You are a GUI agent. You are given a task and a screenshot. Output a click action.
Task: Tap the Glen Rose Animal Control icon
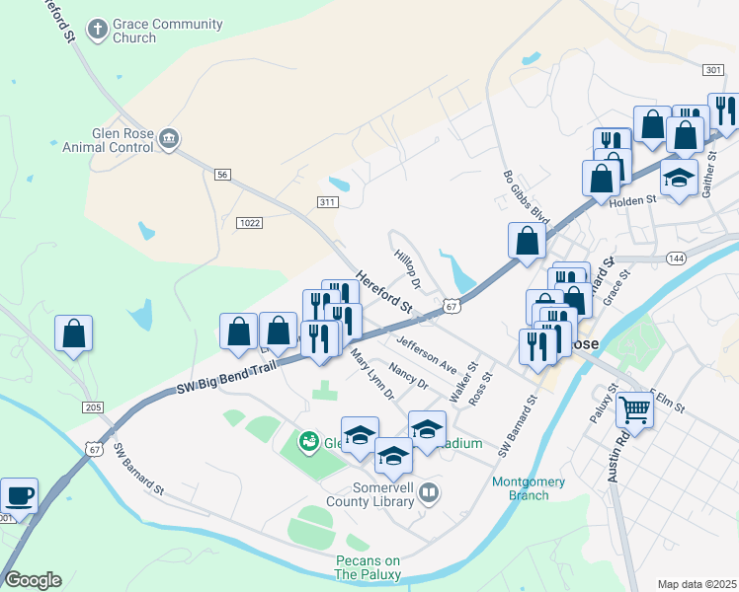(x=169, y=138)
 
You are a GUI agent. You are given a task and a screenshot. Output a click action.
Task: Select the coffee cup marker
(x=18, y=495)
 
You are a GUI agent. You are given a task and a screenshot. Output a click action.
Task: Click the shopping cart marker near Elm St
(x=634, y=407)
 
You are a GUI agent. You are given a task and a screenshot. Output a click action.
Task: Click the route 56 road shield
(x=222, y=175)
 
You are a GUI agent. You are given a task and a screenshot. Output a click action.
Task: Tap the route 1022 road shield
(x=249, y=223)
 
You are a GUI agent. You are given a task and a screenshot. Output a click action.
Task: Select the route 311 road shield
(x=328, y=202)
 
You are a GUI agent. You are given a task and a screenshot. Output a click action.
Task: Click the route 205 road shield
(x=93, y=407)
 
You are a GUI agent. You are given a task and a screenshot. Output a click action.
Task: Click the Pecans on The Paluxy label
(x=367, y=567)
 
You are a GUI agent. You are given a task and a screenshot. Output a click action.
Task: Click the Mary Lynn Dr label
(x=372, y=378)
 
